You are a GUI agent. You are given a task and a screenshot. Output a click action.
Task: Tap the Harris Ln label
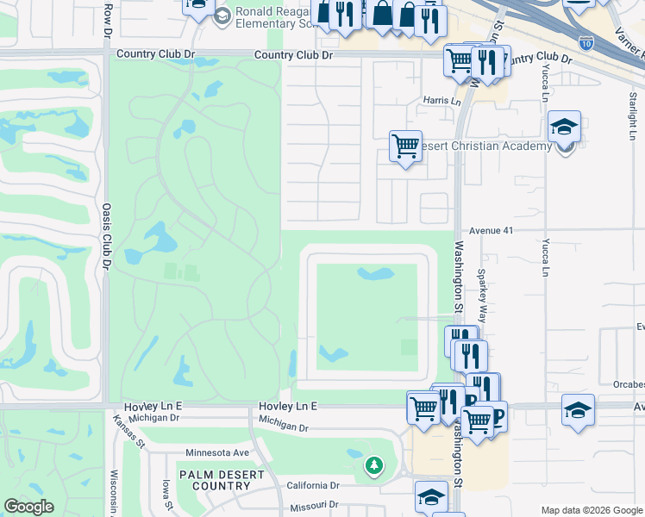(x=441, y=101)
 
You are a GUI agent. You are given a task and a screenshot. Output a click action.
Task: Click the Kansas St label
(x=128, y=431)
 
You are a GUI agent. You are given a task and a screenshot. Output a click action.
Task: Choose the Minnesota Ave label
(x=216, y=452)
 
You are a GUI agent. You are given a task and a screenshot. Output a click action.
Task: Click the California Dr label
(x=312, y=486)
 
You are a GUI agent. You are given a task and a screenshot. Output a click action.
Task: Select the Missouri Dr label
(x=315, y=505)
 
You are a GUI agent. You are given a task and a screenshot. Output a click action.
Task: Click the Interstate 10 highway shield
(x=586, y=40)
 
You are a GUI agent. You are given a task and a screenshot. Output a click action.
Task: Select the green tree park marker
(x=373, y=466)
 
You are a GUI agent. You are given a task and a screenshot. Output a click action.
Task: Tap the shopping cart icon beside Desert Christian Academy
(x=405, y=145)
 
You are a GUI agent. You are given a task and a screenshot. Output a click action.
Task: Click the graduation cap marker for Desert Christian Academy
(x=564, y=128)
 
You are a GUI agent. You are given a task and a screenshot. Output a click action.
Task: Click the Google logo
(x=28, y=507)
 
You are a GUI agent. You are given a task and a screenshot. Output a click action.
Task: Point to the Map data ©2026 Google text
(x=591, y=510)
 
